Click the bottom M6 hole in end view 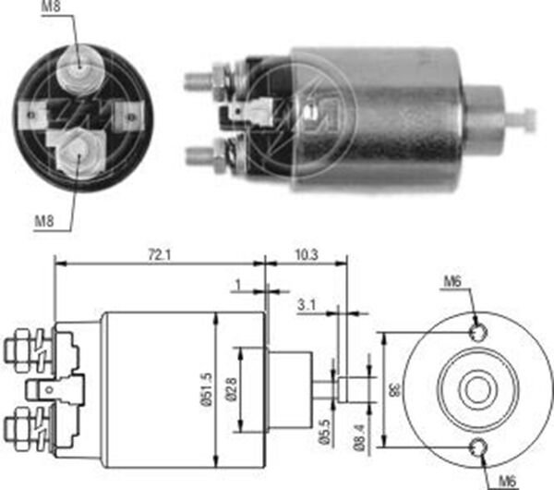(x=477, y=449)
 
